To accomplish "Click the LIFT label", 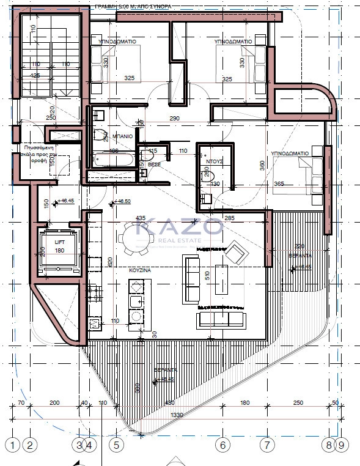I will click(x=59, y=242).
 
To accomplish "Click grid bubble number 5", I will click(x=116, y=445).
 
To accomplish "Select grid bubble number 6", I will click(x=223, y=445).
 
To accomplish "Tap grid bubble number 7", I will click(x=266, y=445).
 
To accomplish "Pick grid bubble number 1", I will click(x=10, y=445).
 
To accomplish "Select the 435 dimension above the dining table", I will click(x=140, y=218).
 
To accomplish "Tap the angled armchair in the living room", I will click(x=236, y=250).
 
